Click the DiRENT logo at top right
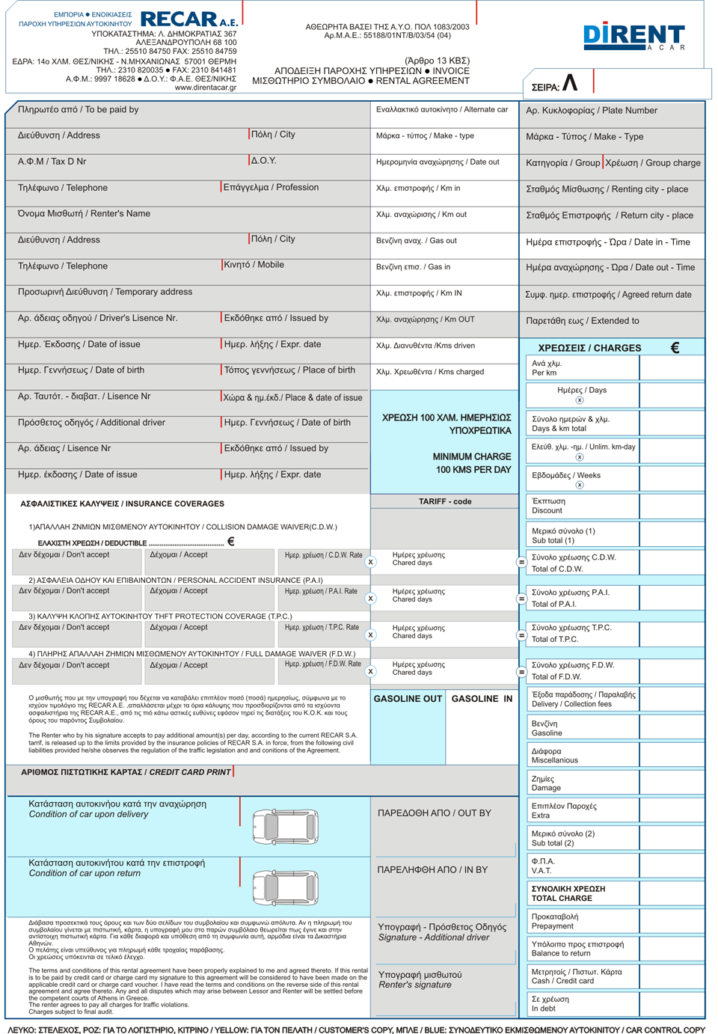[x=633, y=36]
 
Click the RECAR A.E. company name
[x=188, y=19]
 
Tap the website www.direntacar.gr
[x=205, y=88]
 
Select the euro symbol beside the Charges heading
[x=675, y=348]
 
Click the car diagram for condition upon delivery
[x=286, y=827]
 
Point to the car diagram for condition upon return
[x=286, y=887]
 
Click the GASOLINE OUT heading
[x=408, y=699]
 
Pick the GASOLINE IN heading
[x=482, y=699]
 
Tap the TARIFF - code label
[x=445, y=502]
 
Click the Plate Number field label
[x=591, y=111]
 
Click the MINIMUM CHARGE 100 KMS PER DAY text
[x=472, y=463]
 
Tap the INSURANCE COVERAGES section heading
[x=122, y=504]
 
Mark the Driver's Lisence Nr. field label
[x=97, y=319]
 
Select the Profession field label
[x=271, y=188]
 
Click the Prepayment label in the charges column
[x=554, y=921]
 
